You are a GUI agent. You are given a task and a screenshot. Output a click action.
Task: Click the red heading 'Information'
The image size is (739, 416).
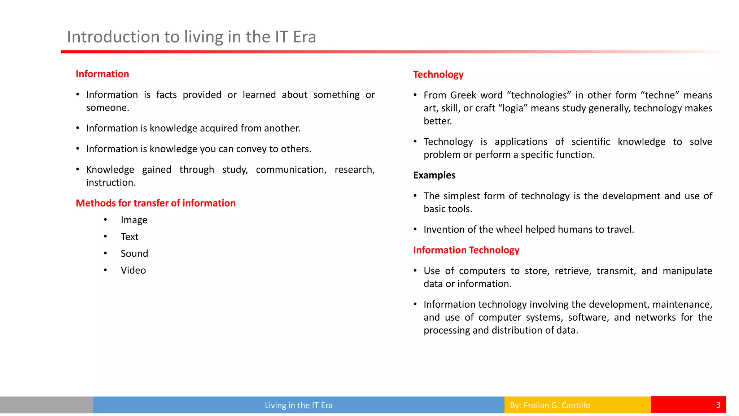point(102,74)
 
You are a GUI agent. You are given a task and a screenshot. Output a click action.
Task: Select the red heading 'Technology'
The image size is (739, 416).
point(438,74)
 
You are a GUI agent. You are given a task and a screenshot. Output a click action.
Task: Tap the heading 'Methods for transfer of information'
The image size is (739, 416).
point(156,203)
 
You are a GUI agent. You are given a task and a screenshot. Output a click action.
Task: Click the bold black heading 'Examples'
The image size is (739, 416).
point(434,175)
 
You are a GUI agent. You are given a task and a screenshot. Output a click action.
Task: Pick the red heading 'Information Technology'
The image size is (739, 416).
point(466,250)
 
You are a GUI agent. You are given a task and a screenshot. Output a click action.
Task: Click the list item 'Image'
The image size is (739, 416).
point(134,220)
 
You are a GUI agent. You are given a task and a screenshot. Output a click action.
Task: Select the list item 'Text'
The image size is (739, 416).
point(130,237)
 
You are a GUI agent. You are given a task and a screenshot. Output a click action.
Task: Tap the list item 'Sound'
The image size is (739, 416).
point(134,253)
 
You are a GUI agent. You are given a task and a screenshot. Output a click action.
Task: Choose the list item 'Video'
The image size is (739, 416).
point(133,270)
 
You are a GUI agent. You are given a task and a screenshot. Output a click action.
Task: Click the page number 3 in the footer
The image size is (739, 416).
point(718,405)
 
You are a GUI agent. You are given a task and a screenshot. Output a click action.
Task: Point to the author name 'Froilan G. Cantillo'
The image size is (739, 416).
point(556,405)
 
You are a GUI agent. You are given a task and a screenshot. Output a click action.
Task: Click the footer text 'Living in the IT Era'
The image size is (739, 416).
point(298,405)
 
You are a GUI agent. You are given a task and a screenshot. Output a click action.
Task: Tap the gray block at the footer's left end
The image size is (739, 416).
point(46,405)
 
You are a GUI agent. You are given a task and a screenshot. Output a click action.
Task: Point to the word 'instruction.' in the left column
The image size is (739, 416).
point(111,183)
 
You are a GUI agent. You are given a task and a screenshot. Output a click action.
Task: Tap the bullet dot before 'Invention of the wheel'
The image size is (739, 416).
point(415,229)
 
